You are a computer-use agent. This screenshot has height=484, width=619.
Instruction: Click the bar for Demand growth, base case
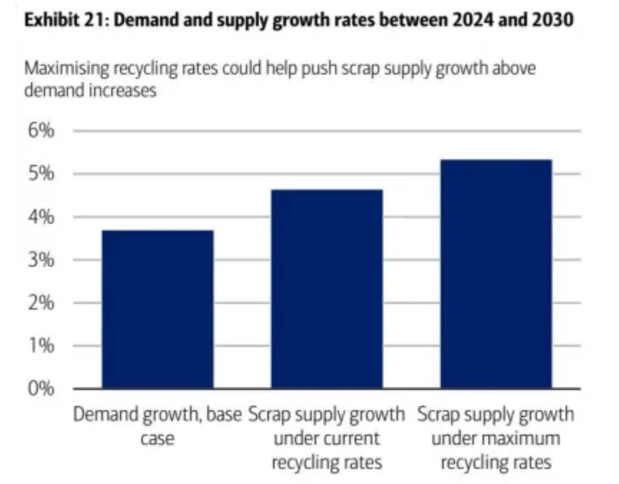pyautogui.click(x=157, y=309)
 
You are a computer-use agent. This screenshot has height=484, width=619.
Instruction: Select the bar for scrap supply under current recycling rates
pyautogui.click(x=327, y=289)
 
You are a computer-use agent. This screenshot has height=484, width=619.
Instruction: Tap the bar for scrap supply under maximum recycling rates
pyautogui.click(x=496, y=274)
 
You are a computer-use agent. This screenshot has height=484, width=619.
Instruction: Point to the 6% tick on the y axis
pyautogui.click(x=42, y=131)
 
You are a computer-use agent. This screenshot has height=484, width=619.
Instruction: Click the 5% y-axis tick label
pyautogui.click(x=42, y=174)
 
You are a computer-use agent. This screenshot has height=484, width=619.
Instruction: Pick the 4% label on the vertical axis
pyautogui.click(x=42, y=217)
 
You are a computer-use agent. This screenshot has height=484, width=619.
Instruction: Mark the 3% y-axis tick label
pyautogui.click(x=42, y=260)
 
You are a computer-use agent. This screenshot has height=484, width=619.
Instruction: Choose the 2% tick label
pyautogui.click(x=42, y=303)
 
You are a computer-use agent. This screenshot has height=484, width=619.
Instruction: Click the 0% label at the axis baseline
pyautogui.click(x=42, y=389)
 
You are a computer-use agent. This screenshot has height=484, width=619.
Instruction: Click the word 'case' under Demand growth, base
pyautogui.click(x=157, y=438)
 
